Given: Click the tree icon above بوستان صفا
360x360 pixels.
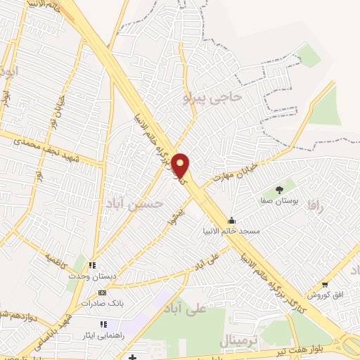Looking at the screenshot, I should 279,189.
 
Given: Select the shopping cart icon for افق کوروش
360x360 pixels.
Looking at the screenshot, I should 324,284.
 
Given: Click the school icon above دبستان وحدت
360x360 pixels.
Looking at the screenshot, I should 92,266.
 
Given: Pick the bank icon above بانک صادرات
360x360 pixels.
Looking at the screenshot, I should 103,292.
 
